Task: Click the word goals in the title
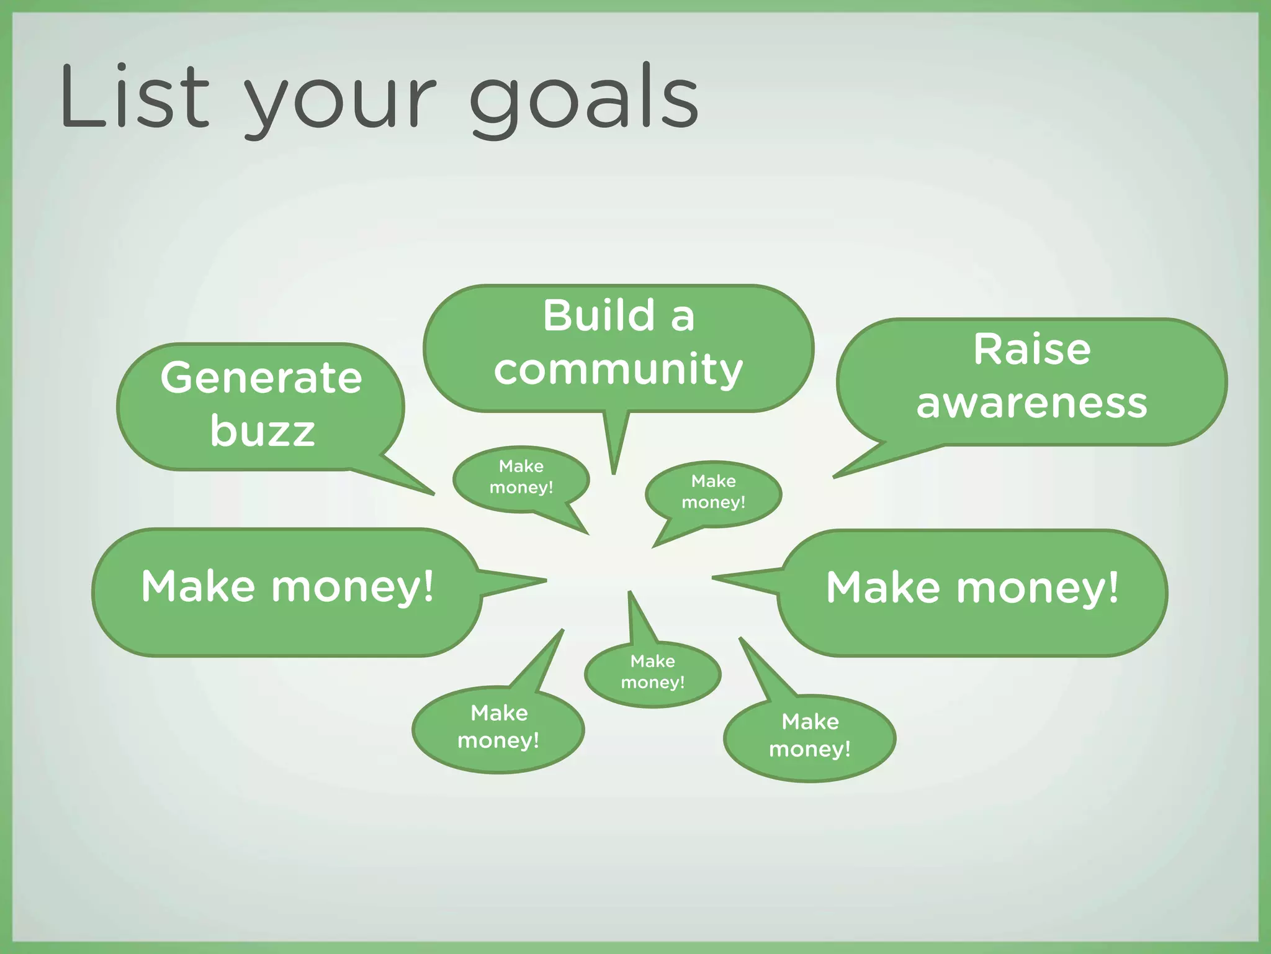coord(583,99)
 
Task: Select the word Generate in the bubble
coord(261,378)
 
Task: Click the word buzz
coord(262,430)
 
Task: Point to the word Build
coord(599,315)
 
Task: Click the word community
coord(618,370)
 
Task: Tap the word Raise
coord(1031,349)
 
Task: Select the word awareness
coord(1031,403)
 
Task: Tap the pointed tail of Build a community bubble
coord(614,447)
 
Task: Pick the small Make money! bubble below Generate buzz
coord(521,477)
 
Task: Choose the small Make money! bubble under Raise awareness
coord(713,492)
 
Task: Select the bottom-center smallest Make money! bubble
coord(652,673)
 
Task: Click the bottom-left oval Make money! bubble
coord(498,727)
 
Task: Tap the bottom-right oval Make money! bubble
coord(809,736)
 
